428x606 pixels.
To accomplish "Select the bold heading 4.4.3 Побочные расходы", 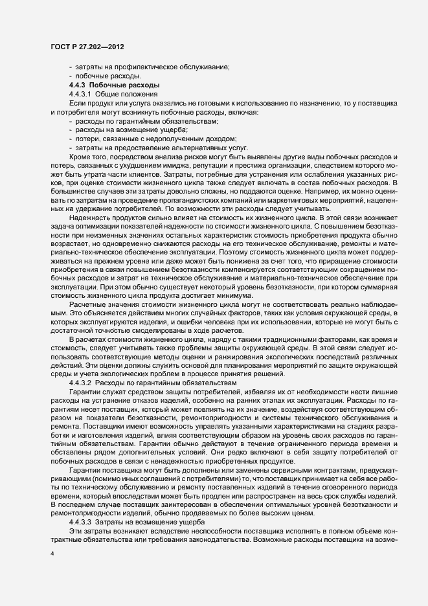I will pyautogui.click(x=110, y=85).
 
